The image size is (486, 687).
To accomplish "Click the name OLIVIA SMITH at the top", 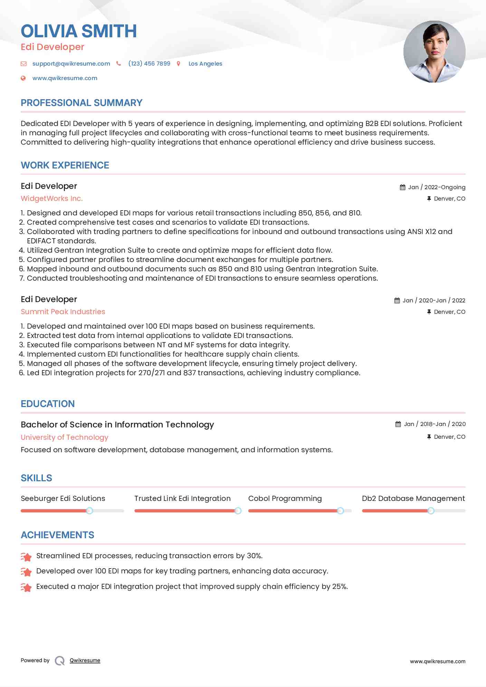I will (x=79, y=31).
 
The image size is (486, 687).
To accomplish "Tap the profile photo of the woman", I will (x=434, y=52).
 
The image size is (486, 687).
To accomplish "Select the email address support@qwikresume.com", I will (x=71, y=64).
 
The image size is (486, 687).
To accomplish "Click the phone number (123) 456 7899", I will (x=149, y=64).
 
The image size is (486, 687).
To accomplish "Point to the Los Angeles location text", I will (x=205, y=64).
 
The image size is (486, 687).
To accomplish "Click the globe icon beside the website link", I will (x=23, y=78).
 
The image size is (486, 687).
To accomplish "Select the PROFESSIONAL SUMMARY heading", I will (x=82, y=103).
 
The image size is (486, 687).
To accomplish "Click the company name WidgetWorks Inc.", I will (x=52, y=199).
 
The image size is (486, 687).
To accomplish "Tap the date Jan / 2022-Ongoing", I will (x=437, y=187).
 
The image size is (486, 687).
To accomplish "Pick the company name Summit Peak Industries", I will (x=63, y=312).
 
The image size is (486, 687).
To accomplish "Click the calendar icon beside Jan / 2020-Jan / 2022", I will (x=397, y=301).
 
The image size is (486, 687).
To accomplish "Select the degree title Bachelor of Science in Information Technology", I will (x=117, y=425).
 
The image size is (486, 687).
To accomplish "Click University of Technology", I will (x=65, y=437).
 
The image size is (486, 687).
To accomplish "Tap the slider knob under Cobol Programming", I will (x=340, y=511).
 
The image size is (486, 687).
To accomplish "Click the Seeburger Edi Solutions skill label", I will (x=63, y=499).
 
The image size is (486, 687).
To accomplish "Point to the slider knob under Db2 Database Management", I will (x=431, y=511).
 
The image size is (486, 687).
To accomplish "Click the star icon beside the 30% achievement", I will (x=26, y=557).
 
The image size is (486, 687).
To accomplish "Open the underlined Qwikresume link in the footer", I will (x=85, y=660).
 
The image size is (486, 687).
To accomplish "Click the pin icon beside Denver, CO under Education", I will (x=429, y=437).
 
